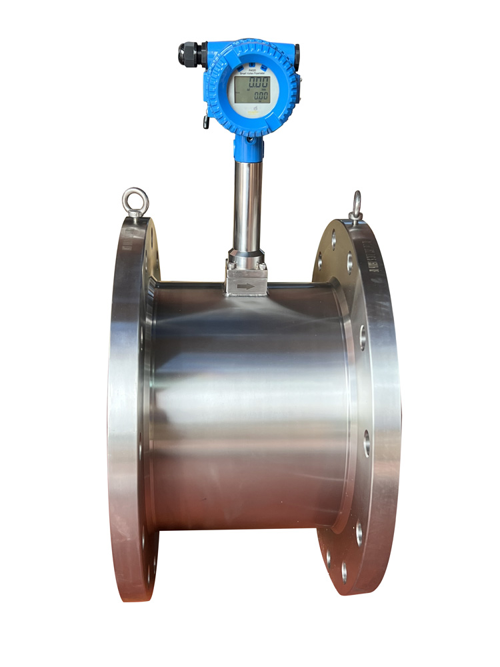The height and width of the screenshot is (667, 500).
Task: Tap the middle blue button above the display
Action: [251, 64]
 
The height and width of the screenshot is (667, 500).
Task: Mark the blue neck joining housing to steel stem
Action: [248, 148]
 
